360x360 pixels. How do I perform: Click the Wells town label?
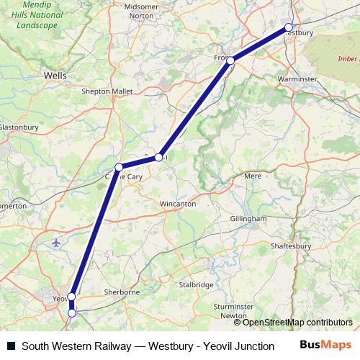(x=55, y=74)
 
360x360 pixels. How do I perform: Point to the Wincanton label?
(x=177, y=204)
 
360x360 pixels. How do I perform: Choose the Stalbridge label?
(x=197, y=285)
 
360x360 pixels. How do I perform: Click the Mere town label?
(x=253, y=176)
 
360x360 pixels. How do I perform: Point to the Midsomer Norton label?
(x=141, y=11)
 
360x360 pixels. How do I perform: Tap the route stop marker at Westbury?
(x=289, y=28)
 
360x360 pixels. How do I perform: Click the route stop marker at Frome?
(x=230, y=60)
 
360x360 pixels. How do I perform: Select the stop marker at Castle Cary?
(x=119, y=167)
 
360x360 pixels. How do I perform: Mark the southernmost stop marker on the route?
(x=72, y=312)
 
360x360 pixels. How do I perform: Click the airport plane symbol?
(x=58, y=243)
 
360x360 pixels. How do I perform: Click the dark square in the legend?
(x=11, y=346)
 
